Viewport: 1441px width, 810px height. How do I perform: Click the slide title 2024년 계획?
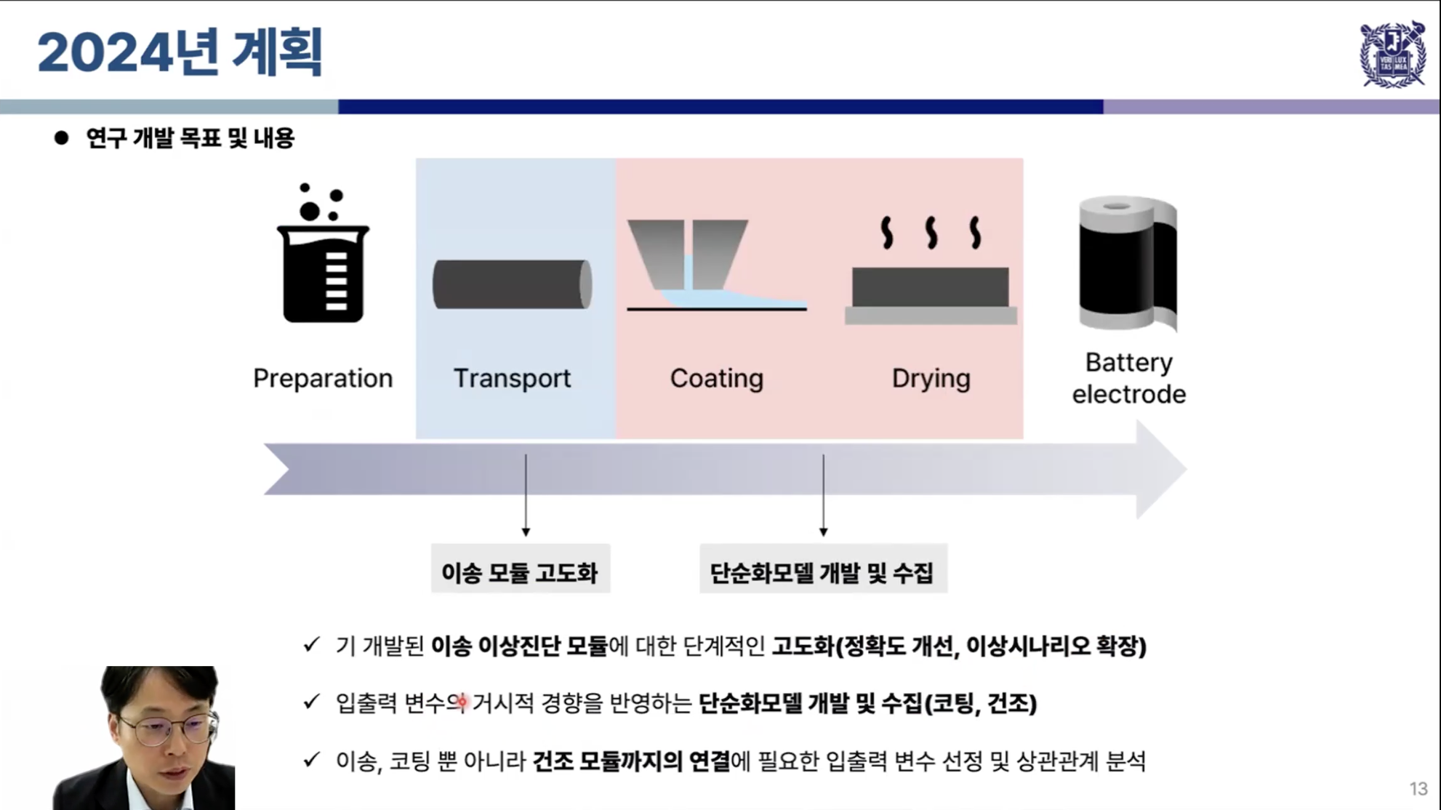tap(180, 52)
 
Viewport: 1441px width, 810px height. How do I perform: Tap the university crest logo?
tap(1392, 55)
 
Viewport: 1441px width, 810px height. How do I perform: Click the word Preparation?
tap(323, 378)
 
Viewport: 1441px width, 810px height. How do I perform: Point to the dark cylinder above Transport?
tap(512, 284)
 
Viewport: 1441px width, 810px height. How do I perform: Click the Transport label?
tap(512, 378)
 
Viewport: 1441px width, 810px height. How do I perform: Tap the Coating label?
tap(716, 378)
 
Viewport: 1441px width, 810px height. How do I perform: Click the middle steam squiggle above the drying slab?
tap(931, 233)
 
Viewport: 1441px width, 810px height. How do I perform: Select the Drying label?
tap(931, 378)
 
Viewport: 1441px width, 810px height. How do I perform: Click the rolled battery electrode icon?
tap(1128, 263)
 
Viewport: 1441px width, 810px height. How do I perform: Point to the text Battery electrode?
tap(1128, 378)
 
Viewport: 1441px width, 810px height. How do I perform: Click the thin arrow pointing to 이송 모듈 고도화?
tap(526, 496)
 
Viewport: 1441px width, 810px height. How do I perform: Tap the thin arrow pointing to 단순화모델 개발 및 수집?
tap(823, 496)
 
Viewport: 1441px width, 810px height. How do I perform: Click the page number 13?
tap(1418, 789)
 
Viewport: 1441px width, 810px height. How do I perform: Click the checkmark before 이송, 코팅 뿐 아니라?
tap(312, 760)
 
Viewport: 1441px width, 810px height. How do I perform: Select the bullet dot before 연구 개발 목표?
tap(62, 137)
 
